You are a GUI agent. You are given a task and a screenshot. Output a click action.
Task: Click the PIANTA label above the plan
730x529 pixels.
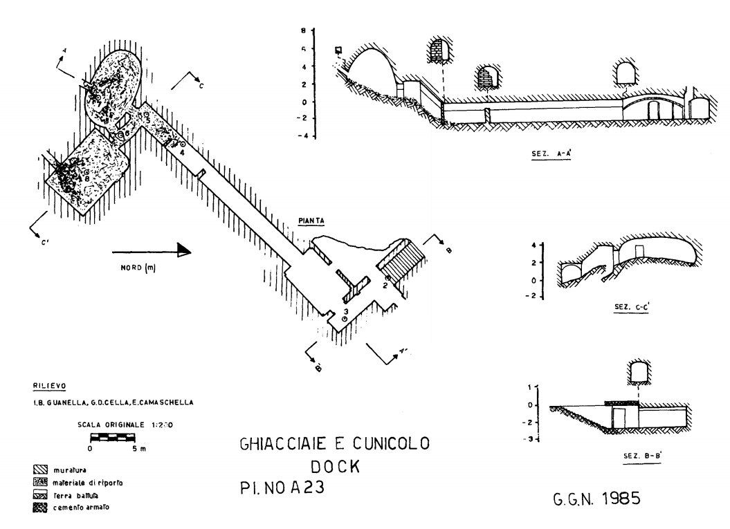(x=312, y=221)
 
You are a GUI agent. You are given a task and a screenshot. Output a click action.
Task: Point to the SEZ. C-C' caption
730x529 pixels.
(x=626, y=307)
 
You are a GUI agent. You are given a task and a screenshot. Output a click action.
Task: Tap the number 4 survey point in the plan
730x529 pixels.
(x=182, y=151)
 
